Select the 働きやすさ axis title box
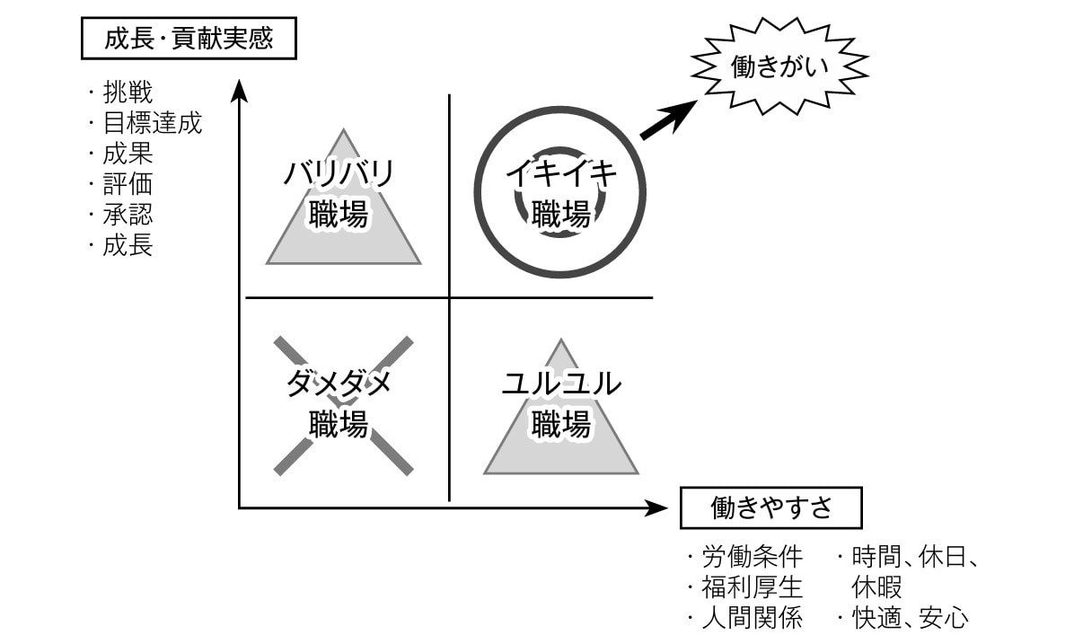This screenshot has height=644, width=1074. point(770,508)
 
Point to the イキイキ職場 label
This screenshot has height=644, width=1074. point(561,193)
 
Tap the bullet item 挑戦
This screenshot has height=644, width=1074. point(127,93)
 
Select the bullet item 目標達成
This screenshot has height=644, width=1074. point(152,123)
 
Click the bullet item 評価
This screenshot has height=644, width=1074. point(127,184)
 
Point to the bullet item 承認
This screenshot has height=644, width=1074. point(127,215)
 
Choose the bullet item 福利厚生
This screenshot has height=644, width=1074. point(751,587)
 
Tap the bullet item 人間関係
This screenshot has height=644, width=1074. point(751,618)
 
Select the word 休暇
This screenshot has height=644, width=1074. point(877,587)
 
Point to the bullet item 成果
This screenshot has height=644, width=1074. point(127,154)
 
